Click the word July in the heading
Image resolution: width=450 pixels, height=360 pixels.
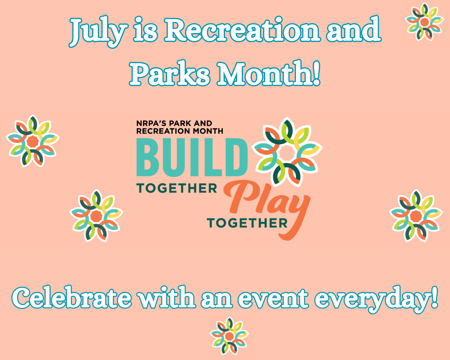click(98, 32)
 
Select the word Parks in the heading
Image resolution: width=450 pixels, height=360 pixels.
click(169, 73)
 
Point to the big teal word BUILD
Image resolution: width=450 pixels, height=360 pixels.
click(192, 157)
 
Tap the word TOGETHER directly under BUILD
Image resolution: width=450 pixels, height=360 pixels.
click(177, 188)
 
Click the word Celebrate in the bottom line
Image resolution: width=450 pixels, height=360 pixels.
click(72, 298)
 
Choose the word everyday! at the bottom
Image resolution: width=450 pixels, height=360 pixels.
click(376, 299)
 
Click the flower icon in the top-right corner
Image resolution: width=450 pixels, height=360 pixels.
click(425, 22)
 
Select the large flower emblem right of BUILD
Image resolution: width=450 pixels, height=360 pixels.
click(287, 152)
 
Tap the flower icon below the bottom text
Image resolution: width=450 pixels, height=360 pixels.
click(229, 336)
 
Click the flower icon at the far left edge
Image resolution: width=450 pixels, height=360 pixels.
click(33, 141)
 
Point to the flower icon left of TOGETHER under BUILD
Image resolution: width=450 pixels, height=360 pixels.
click(96, 216)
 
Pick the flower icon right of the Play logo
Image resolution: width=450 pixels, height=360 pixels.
click(416, 216)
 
